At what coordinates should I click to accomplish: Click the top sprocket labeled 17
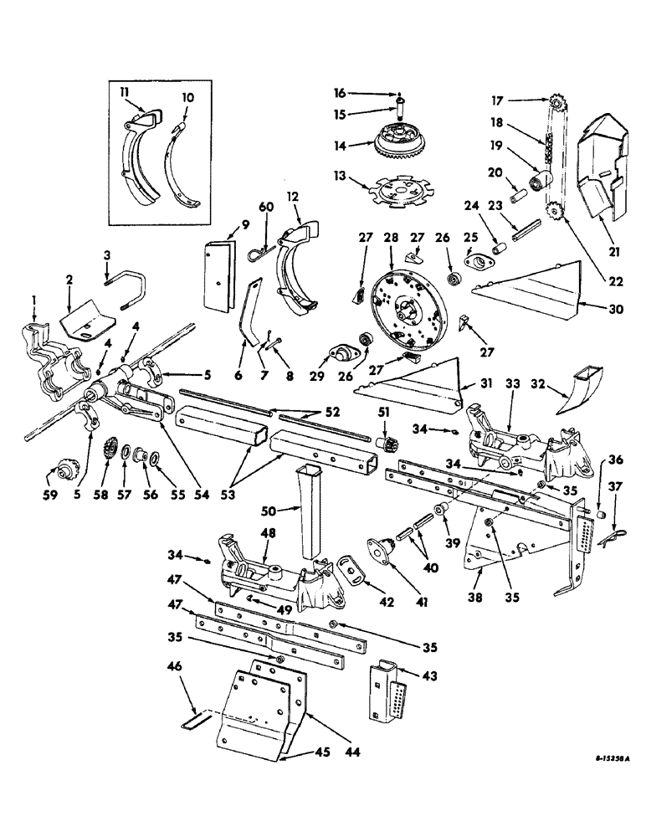click(559, 104)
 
